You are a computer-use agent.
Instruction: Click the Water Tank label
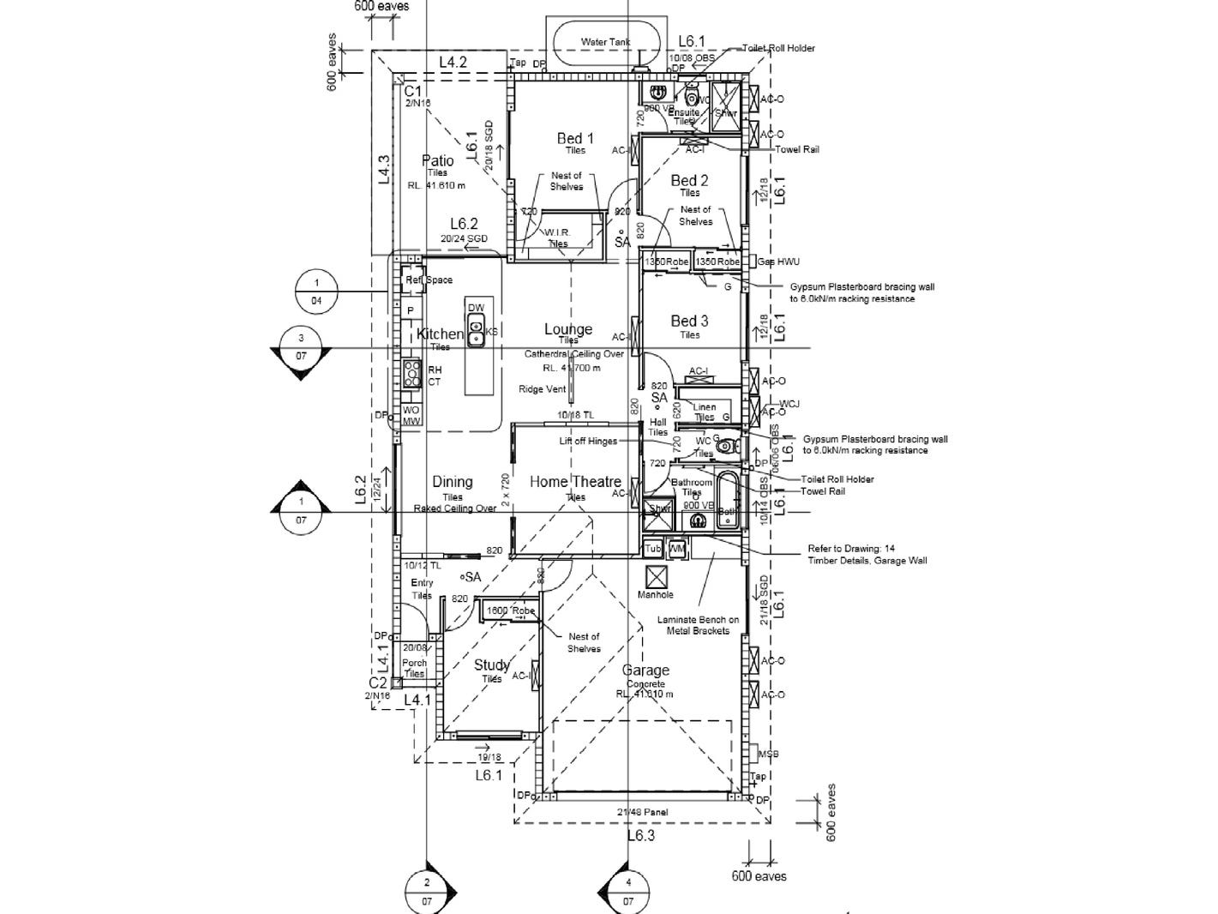(x=605, y=41)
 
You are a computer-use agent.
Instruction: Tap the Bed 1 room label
(x=575, y=138)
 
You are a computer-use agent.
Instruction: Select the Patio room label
(x=437, y=160)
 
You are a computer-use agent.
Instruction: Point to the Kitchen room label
(x=440, y=334)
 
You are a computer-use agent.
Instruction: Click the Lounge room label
(x=568, y=329)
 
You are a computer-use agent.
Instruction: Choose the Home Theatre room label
(x=575, y=482)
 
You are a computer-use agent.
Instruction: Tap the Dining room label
(x=453, y=482)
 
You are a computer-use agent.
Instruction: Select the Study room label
(x=492, y=664)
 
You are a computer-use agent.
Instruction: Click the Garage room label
(x=645, y=670)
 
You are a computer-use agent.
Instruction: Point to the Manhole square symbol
(x=656, y=576)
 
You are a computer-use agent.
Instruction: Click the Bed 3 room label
(x=689, y=321)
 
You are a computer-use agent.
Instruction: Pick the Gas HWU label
(x=778, y=261)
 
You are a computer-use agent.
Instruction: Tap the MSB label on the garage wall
(x=769, y=755)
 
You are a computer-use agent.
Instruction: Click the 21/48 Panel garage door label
(x=642, y=812)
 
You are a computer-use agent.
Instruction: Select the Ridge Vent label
(x=543, y=389)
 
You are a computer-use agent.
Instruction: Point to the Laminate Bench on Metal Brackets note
(x=698, y=625)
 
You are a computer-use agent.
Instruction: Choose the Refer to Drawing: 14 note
(x=867, y=555)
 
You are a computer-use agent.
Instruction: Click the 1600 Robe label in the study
(x=510, y=610)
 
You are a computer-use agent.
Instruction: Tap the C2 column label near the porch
(x=378, y=682)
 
